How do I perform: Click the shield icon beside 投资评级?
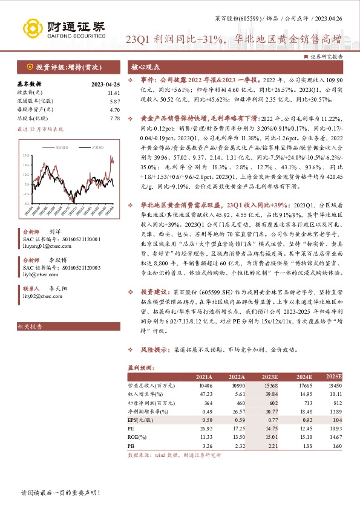(29, 67)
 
